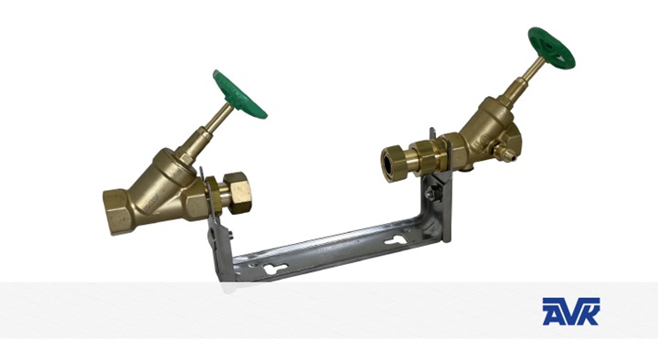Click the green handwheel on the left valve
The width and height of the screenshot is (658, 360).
[239, 95]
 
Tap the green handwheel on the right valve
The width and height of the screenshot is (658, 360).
[551, 48]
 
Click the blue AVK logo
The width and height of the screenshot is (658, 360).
[570, 312]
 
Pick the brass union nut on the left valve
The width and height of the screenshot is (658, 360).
[237, 193]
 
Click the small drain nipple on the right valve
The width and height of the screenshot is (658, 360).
[503, 154]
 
